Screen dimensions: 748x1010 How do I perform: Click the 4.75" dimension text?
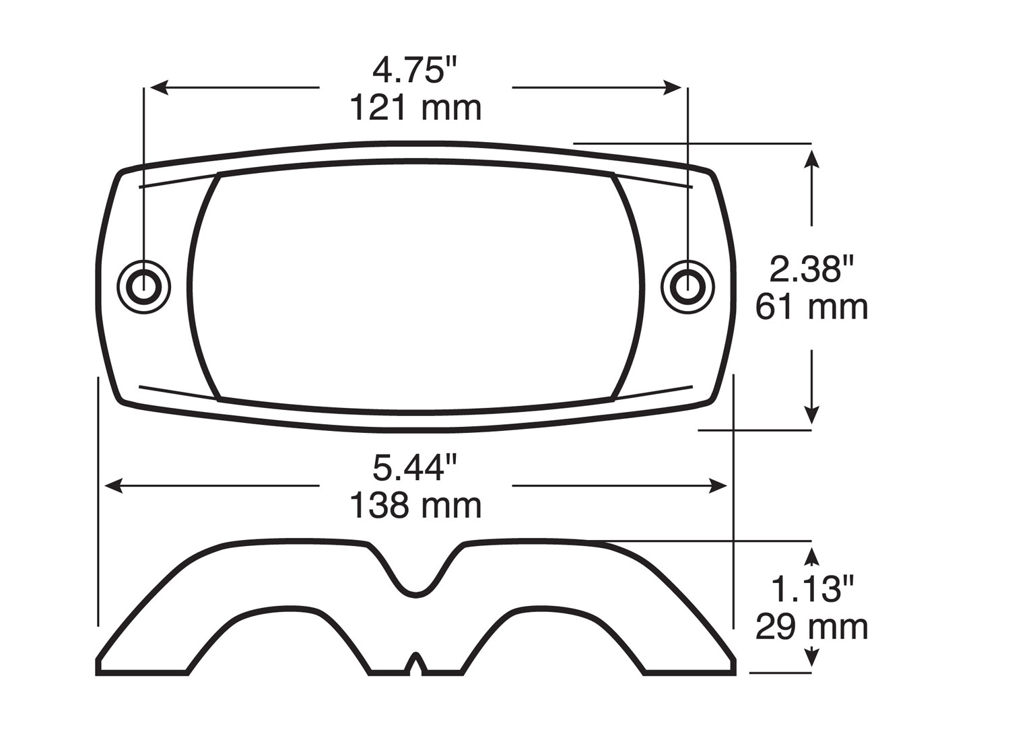[x=415, y=71]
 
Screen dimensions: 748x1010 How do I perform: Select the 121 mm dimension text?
[x=415, y=108]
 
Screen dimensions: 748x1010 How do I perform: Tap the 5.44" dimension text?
[x=415, y=468]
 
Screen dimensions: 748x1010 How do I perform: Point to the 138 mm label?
[x=415, y=506]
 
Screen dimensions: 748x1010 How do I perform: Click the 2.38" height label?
[x=811, y=269]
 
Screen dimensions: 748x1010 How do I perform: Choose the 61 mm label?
[x=811, y=307]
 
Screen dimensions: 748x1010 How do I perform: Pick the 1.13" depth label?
[x=811, y=590]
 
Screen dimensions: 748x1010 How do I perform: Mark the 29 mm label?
[x=811, y=627]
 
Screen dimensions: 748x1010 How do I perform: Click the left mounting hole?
[x=143, y=287]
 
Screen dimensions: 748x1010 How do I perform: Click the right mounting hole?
[x=687, y=287]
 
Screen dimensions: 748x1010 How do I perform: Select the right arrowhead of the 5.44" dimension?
[x=718, y=485]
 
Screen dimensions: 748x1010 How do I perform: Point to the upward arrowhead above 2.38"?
[x=812, y=159]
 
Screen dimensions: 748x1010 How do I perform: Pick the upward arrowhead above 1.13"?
[x=812, y=555]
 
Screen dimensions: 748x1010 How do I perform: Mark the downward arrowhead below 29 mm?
[x=812, y=657]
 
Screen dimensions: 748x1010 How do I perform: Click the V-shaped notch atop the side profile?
[x=415, y=579]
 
